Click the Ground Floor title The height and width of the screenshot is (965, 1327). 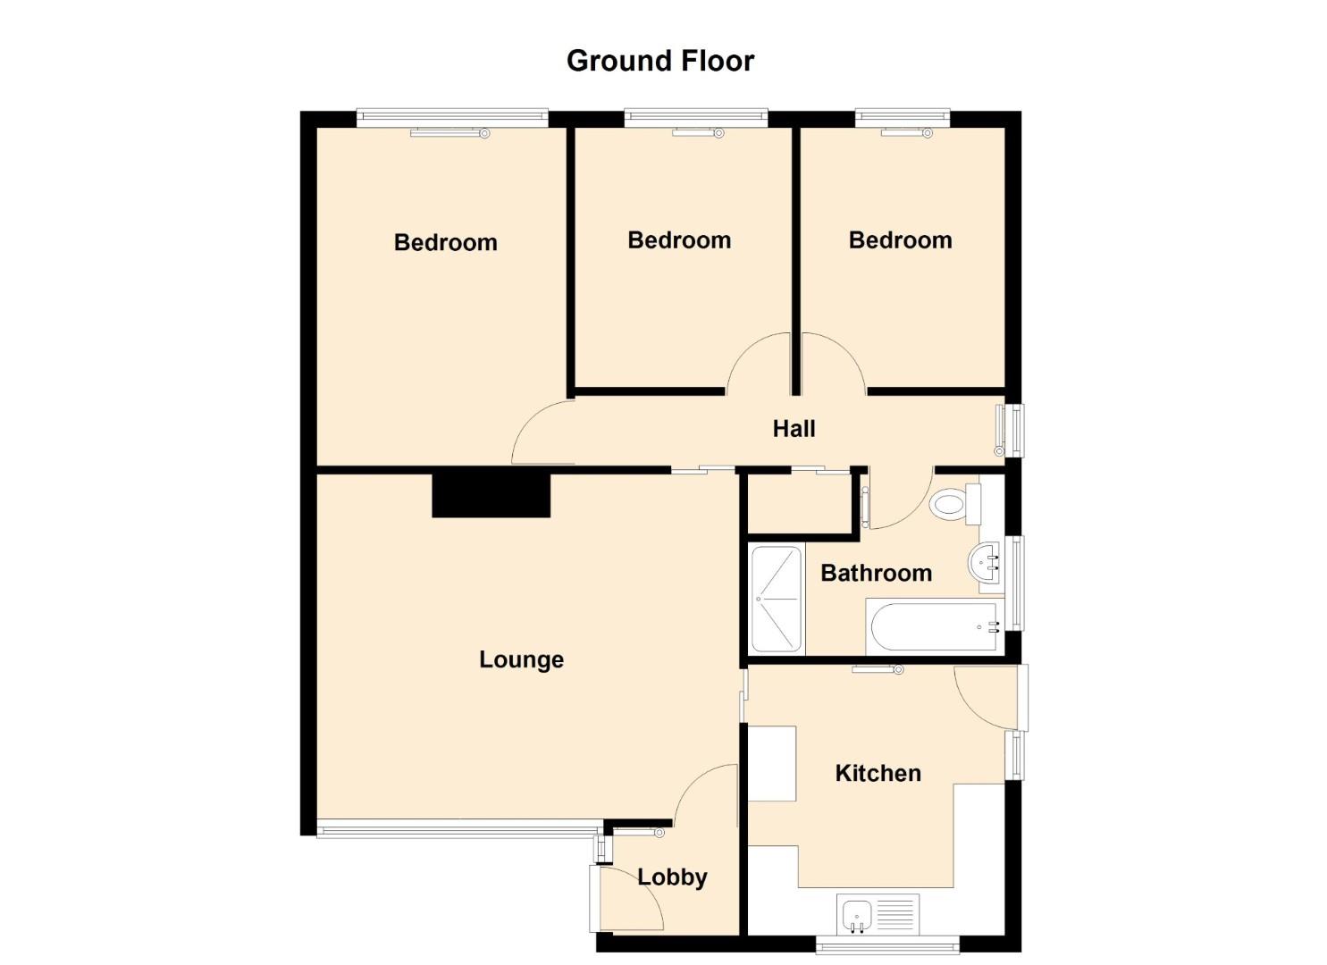(660, 61)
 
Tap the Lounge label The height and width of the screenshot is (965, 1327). (521, 660)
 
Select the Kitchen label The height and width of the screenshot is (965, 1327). (878, 773)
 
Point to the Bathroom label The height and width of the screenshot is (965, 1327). (876, 573)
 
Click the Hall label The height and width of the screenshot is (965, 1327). (794, 428)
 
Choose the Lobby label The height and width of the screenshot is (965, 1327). (672, 877)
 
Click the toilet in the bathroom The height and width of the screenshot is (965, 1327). (955, 504)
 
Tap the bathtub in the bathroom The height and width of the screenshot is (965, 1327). (935, 626)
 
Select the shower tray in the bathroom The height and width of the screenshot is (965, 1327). (776, 599)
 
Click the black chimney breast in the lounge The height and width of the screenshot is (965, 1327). (491, 493)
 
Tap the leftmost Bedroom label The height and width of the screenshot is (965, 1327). (446, 242)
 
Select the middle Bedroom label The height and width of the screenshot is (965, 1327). (679, 240)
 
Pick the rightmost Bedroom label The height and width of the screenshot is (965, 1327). (901, 240)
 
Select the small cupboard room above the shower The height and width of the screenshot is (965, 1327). (800, 504)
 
